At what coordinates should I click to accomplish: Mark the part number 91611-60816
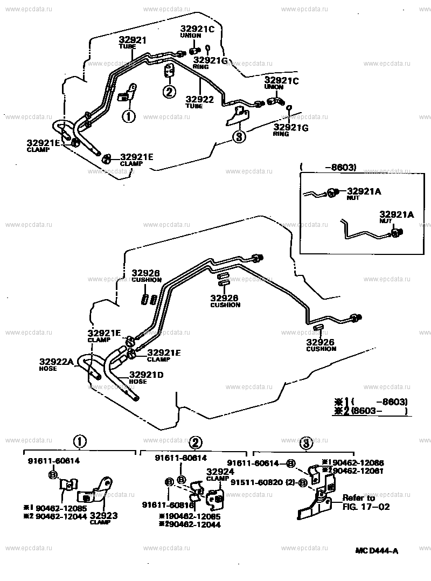point(169,504)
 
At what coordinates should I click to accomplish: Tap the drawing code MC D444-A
point(377,550)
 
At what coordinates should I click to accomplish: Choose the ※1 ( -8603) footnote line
point(371,402)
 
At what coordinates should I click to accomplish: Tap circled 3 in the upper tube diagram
point(238,136)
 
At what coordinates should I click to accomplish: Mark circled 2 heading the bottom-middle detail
point(196,443)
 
